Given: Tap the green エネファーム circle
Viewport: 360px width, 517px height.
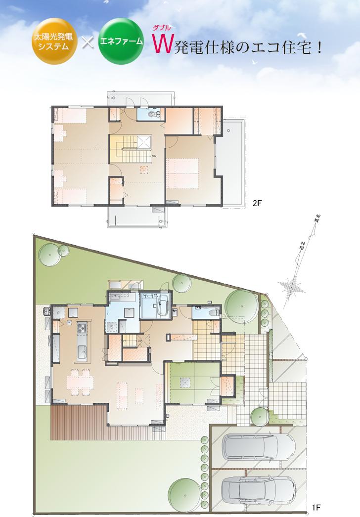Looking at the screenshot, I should tap(121, 42).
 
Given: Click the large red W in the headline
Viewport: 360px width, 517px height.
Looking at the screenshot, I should tap(161, 46).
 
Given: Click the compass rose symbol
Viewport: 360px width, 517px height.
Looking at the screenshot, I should tap(292, 286).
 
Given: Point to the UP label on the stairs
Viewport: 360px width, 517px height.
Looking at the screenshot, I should tap(140, 341).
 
